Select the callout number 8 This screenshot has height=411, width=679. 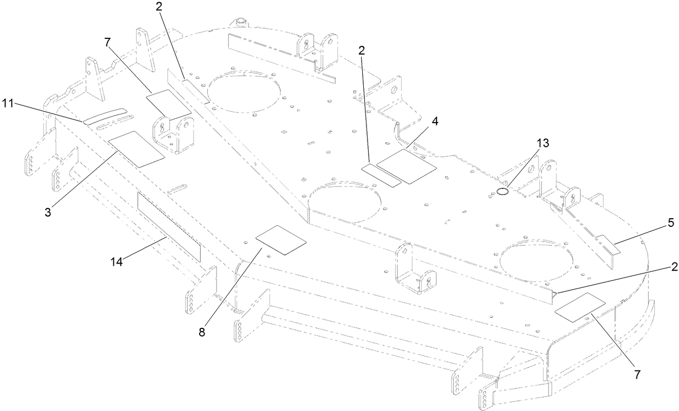202,332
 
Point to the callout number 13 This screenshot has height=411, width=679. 542,143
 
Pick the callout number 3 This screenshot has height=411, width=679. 48,212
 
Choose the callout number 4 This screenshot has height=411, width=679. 435,122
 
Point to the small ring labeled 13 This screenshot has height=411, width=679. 502,191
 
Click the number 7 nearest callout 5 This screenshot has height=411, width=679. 637,374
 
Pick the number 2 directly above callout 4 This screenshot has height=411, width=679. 362,51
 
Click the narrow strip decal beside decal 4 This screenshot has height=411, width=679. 381,174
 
